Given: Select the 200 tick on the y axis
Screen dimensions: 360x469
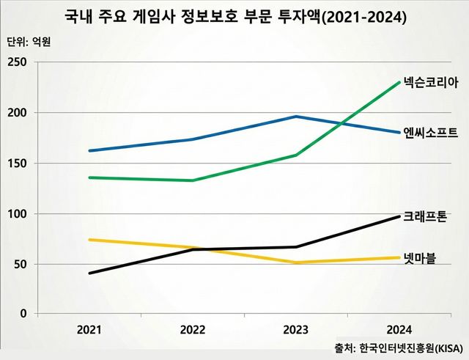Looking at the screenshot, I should [x=18, y=113].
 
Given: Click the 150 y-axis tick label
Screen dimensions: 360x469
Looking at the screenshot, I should [x=18, y=164].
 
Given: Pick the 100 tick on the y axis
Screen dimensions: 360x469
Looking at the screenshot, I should [x=18, y=214].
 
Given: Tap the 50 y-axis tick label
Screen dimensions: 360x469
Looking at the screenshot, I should [x=21, y=264].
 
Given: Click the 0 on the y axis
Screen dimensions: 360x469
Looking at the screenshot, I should [x=23, y=314].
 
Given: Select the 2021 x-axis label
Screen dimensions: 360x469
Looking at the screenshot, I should [x=89, y=329].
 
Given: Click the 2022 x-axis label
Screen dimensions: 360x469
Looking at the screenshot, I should [x=193, y=329].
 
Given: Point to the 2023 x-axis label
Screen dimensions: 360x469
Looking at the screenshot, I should [x=296, y=329].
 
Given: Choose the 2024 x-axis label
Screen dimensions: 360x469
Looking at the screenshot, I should [x=399, y=329].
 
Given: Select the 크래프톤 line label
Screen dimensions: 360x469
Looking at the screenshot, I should [x=425, y=218].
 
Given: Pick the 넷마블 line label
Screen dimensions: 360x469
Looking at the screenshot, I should [x=420, y=258].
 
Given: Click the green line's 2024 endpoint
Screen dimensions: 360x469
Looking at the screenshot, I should [x=399, y=82].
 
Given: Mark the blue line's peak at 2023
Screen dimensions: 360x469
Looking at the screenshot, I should [x=296, y=117].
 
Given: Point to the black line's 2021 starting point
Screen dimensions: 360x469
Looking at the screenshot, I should [x=89, y=273].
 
